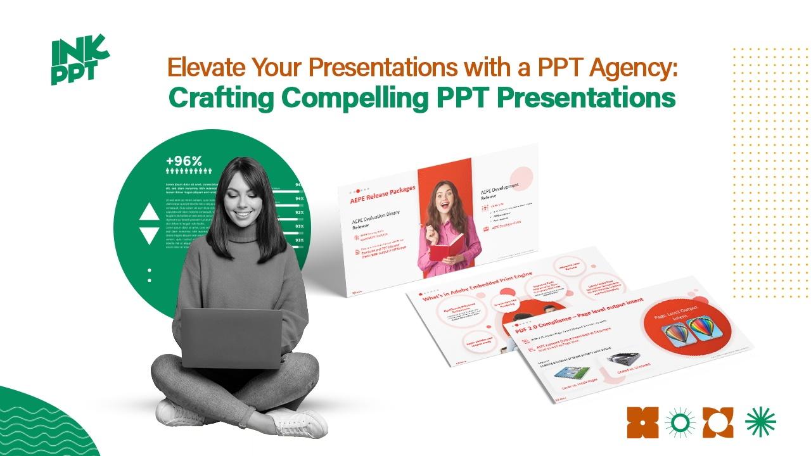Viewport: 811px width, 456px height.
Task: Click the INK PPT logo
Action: [x=79, y=61]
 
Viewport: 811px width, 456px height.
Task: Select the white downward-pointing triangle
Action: [x=150, y=236]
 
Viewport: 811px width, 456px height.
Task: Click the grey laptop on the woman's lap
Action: [x=231, y=339]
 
